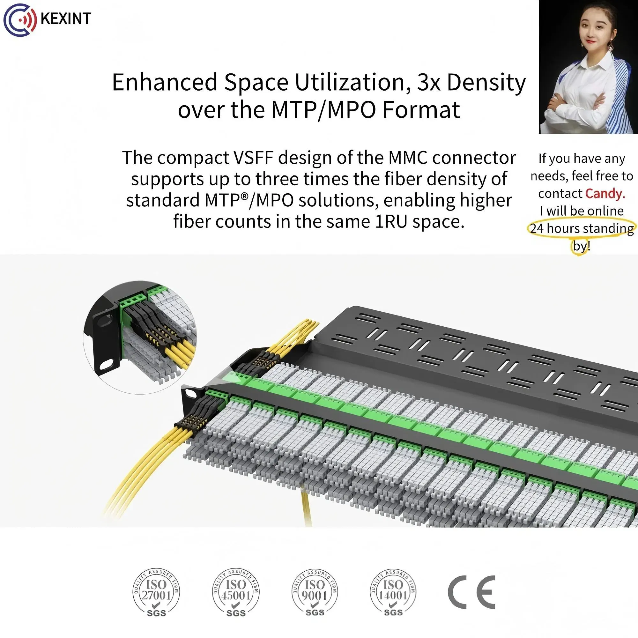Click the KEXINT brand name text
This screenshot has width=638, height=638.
(x=66, y=19)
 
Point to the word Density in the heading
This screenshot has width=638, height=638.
(x=486, y=83)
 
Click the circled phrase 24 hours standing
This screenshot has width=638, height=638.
(x=582, y=228)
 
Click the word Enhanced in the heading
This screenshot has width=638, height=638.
(x=165, y=83)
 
